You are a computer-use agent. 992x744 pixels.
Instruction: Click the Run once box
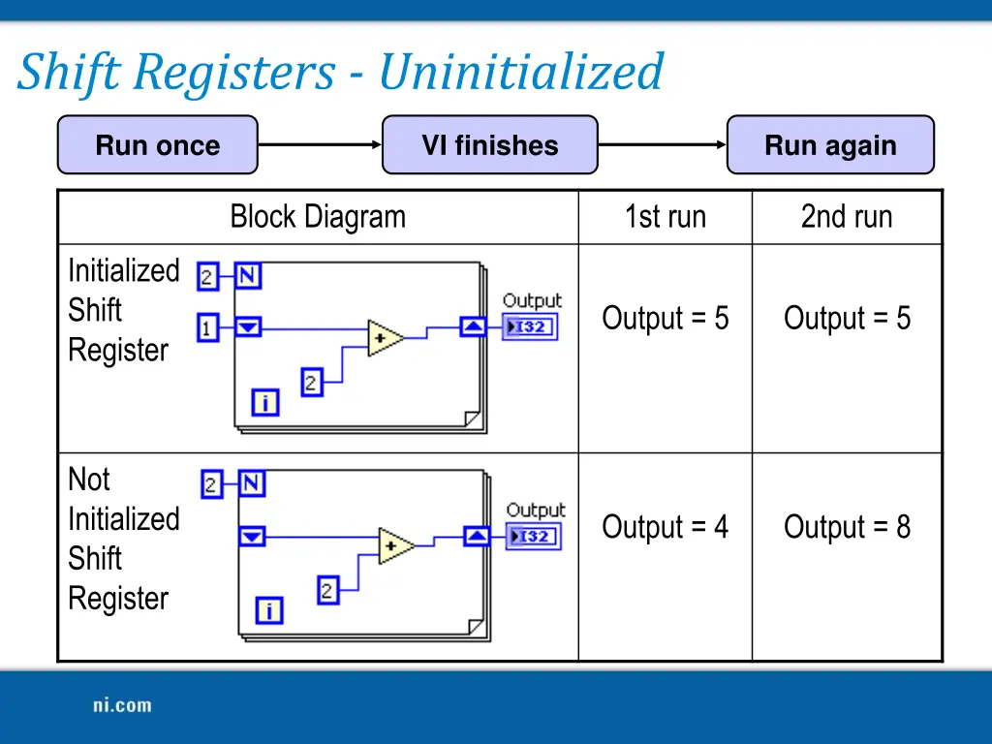point(158,145)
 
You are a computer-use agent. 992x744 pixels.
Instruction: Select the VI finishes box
point(489,145)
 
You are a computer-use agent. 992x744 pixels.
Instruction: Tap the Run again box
point(830,145)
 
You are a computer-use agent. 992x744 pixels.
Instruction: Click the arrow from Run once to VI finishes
point(320,145)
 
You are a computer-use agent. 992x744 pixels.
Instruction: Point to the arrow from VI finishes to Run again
point(663,145)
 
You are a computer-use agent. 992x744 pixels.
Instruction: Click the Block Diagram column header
point(318,217)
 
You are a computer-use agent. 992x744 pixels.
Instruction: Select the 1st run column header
point(665,217)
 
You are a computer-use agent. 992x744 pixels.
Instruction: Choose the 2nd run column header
point(846,217)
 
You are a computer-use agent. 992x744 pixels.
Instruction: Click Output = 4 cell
point(665,527)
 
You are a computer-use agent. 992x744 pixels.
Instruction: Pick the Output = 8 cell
point(847,527)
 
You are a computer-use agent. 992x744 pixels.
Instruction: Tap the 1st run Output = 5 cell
point(665,318)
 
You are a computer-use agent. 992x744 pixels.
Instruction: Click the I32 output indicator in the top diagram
point(530,327)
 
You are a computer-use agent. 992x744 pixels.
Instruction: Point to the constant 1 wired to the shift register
point(207,327)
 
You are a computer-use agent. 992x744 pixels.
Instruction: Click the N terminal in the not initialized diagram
point(252,483)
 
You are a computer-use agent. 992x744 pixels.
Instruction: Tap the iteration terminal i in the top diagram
point(265,402)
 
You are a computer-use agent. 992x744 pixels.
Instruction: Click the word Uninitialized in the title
point(520,73)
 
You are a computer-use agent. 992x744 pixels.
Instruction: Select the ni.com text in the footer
point(122,705)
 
